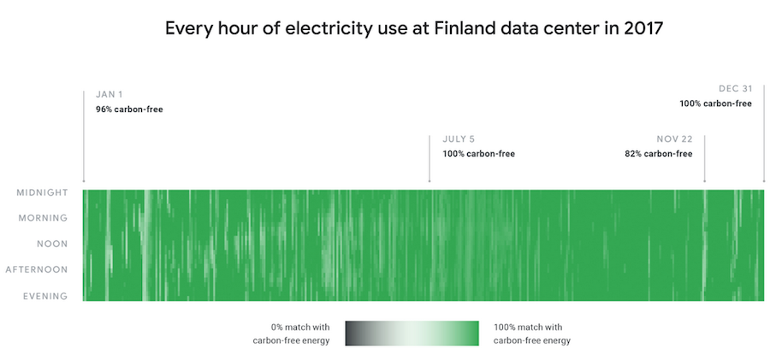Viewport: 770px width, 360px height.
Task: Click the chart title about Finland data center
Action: tap(414, 28)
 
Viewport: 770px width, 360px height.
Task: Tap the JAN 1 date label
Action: tap(110, 94)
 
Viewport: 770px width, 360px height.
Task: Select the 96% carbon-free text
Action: tap(129, 109)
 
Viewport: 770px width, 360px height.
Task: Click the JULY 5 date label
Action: tap(459, 139)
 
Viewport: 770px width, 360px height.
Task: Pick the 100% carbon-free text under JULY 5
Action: tap(478, 154)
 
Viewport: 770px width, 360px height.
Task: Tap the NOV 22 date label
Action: tap(674, 139)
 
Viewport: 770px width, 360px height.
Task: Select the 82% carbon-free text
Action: tap(658, 154)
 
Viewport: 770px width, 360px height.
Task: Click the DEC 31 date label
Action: tap(735, 88)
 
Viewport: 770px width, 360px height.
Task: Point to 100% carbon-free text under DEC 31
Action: tap(715, 103)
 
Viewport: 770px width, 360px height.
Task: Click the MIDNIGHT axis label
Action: tap(42, 193)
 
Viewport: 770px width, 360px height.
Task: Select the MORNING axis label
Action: tap(44, 219)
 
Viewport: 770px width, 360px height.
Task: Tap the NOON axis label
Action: tap(52, 245)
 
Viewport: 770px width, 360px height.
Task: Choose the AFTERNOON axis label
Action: tap(37, 270)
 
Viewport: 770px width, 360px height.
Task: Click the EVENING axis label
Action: tap(45, 296)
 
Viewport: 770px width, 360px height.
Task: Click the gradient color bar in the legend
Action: tap(412, 333)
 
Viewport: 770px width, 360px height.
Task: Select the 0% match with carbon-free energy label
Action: tap(292, 333)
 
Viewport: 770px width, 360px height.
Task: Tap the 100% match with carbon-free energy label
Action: tap(531, 333)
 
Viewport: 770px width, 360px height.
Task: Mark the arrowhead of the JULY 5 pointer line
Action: tap(429, 180)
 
